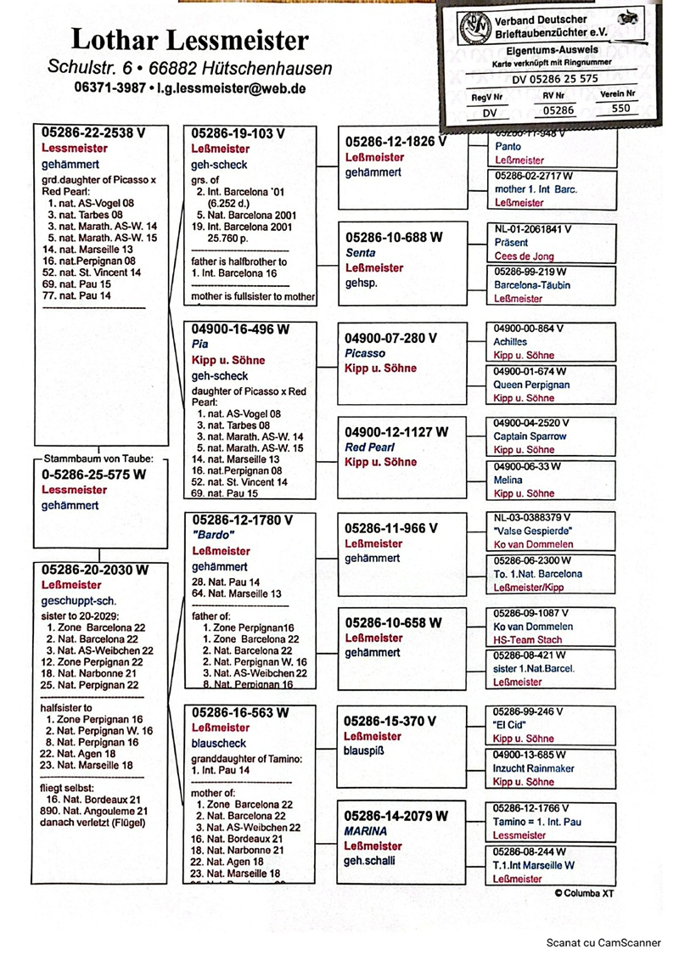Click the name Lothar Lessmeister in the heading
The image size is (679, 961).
click(190, 39)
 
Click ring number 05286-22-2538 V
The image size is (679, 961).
click(93, 132)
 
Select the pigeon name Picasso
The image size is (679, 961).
click(365, 353)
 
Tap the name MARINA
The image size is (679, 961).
click(366, 831)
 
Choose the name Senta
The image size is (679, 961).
click(360, 253)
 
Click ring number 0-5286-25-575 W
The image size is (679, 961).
click(93, 475)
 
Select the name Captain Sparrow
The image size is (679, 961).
click(530, 436)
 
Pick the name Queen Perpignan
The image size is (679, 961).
click(531, 385)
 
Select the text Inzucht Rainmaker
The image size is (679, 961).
click(534, 768)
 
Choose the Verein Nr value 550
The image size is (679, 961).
click(620, 109)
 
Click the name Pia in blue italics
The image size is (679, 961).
click(200, 344)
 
